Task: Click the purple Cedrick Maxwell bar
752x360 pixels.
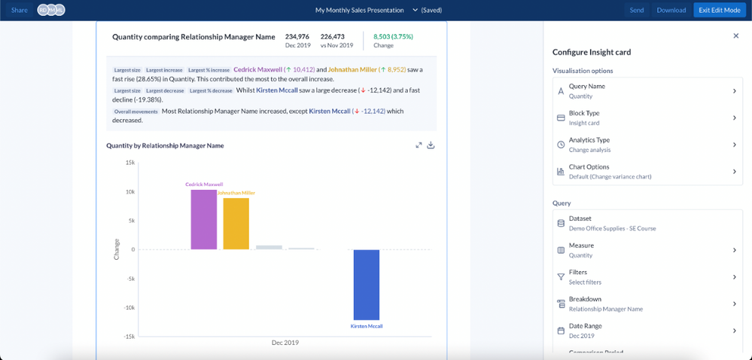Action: (x=203, y=219)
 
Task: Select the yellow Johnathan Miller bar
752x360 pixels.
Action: (x=236, y=224)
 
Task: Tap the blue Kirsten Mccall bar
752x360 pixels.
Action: (x=367, y=285)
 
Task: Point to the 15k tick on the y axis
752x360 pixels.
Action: (x=129, y=163)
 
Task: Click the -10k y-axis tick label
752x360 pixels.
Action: (x=128, y=307)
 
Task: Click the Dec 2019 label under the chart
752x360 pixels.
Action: (x=285, y=343)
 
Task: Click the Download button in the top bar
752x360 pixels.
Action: (x=671, y=10)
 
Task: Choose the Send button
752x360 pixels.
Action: (x=636, y=10)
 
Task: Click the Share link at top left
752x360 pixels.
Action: (x=20, y=10)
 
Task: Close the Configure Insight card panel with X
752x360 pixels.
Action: (x=735, y=36)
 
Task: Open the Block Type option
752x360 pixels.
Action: (x=646, y=118)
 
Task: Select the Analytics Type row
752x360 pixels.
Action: (x=646, y=145)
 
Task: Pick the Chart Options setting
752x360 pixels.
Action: (x=646, y=172)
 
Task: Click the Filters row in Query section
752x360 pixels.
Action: (x=646, y=277)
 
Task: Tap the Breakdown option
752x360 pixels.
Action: (x=646, y=304)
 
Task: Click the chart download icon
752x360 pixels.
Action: (x=431, y=145)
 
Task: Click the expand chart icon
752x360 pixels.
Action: (x=419, y=145)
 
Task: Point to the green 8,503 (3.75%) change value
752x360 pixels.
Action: (x=393, y=36)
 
